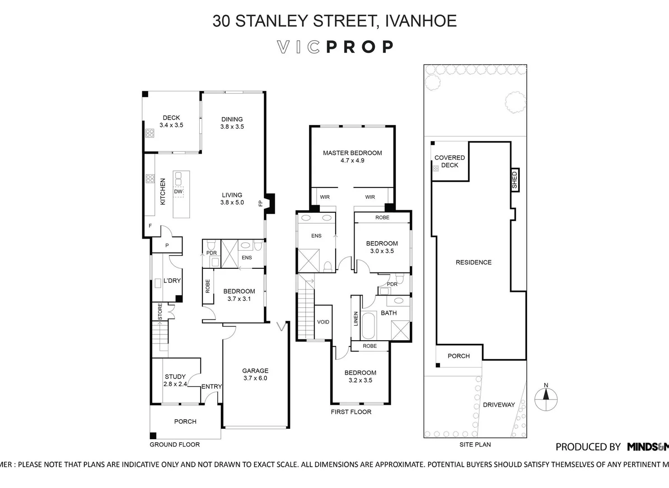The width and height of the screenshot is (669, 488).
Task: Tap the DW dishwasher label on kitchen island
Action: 178,192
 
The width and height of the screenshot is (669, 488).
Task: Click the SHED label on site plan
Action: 514,179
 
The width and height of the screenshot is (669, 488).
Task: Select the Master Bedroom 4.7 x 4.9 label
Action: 352,156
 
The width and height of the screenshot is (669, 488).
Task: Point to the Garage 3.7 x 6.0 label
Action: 255,374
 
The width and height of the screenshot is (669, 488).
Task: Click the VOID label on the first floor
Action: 323,322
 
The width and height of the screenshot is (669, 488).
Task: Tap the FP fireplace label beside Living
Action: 260,203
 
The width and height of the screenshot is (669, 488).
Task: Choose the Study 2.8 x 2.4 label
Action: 175,380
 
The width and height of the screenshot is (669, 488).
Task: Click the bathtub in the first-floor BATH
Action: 369,325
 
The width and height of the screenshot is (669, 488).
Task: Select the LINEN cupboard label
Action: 356,319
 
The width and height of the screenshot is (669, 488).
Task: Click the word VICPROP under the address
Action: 335,47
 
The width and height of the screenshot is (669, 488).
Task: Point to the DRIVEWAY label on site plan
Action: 499,405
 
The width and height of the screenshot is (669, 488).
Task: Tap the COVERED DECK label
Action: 449,161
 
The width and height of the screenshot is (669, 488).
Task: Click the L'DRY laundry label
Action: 172,281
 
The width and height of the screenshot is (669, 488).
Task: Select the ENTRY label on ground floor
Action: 211,386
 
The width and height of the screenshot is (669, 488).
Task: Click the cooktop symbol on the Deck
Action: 150,133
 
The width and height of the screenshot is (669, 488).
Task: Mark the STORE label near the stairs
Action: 160,312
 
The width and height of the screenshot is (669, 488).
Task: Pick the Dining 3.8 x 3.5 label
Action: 232,123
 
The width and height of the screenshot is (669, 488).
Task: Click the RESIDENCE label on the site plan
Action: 473,262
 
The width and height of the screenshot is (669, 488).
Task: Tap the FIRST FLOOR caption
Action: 351,412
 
